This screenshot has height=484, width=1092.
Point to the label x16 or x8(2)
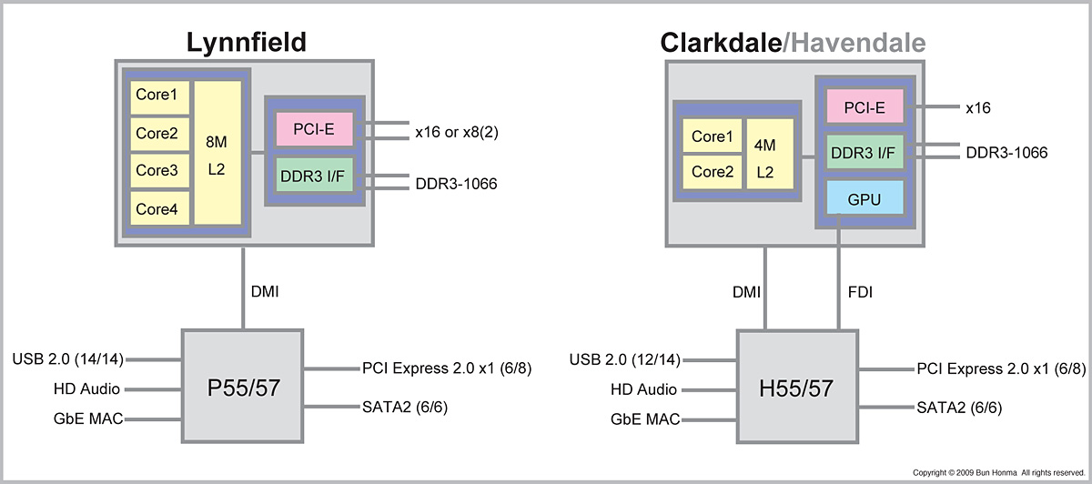click(457, 132)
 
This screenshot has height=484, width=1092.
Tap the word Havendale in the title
click(857, 43)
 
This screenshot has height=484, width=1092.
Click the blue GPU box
click(864, 197)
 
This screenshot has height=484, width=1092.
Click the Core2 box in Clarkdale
click(712, 171)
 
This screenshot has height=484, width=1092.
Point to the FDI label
click(862, 292)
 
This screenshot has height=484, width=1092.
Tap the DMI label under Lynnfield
click(265, 292)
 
